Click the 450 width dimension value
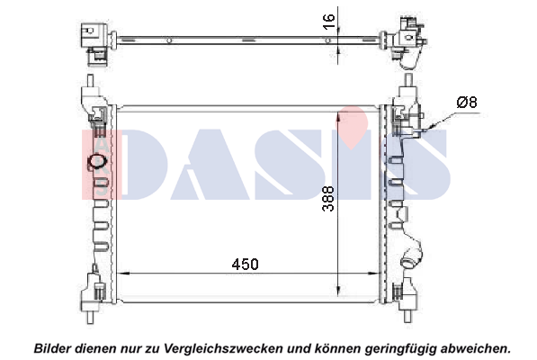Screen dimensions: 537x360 (x=245, y=264)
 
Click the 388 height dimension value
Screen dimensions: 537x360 (x=328, y=199)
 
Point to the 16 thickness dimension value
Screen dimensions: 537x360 (x=328, y=22)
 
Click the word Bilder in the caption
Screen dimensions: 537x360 (x=52, y=348)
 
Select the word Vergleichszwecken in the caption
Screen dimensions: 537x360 (x=224, y=349)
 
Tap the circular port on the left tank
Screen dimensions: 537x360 (x=97, y=162)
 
